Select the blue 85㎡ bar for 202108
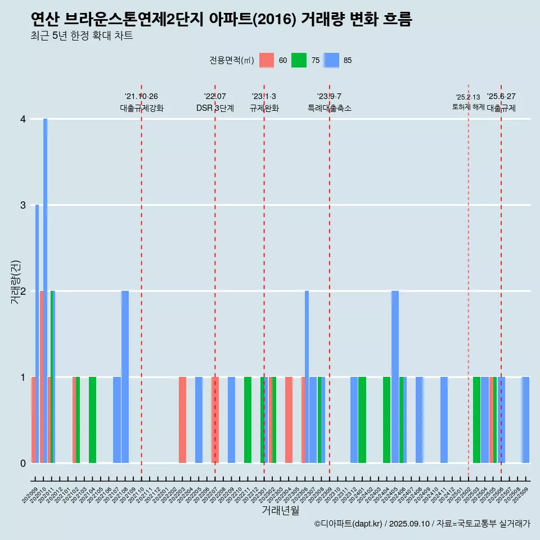pos(125,377)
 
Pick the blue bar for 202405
pos(395,377)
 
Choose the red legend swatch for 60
pos(267,61)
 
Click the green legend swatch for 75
pos(299,61)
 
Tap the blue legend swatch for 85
pos(332,61)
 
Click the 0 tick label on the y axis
pos(22,463)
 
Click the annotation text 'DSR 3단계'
pos(215,108)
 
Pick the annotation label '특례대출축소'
pos(330,108)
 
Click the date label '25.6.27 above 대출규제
pos(501,97)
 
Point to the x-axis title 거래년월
pos(280,511)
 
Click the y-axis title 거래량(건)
pos(15,281)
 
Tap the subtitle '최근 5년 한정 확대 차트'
pos(82,36)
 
